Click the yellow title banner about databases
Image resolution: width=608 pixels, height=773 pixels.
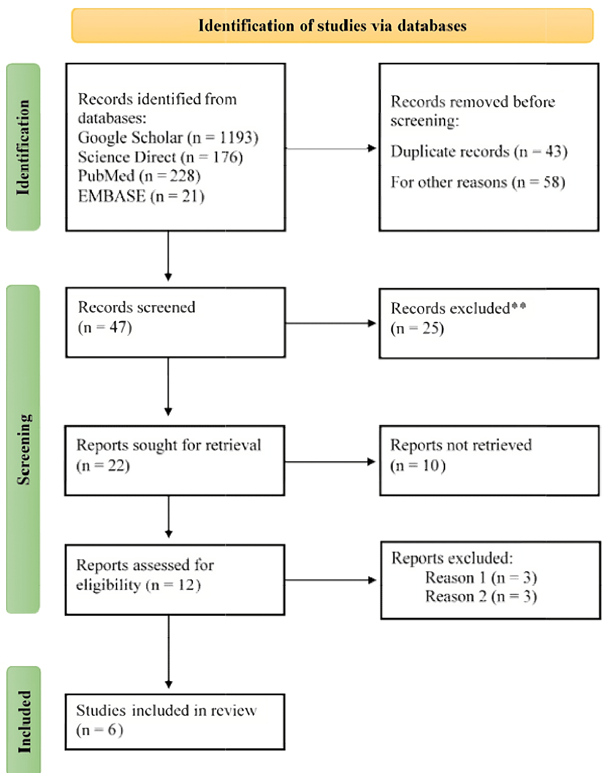click(332, 26)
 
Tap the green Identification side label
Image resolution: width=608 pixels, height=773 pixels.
click(23, 147)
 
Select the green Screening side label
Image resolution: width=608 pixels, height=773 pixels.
click(23, 449)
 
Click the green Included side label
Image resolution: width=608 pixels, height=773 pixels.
click(24, 720)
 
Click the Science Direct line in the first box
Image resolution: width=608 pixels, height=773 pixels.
click(160, 157)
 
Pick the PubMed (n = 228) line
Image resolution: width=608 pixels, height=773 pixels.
click(139, 176)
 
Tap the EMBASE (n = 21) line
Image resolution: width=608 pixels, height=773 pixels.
click(141, 196)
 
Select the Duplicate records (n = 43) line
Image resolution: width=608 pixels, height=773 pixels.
click(479, 152)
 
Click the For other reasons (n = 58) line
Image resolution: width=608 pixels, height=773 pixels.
click(478, 182)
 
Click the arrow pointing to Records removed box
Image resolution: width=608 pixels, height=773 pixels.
click(331, 149)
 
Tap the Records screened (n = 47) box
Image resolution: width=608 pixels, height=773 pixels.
click(176, 322)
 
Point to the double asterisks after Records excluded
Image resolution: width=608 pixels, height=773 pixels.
click(519, 306)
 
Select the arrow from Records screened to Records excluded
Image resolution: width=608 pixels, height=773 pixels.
click(331, 323)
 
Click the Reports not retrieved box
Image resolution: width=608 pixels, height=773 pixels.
click(490, 461)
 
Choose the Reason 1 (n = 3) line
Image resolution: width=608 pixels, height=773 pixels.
click(481, 578)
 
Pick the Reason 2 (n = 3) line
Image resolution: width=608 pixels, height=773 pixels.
click(481, 597)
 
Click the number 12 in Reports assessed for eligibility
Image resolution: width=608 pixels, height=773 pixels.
click(186, 585)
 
